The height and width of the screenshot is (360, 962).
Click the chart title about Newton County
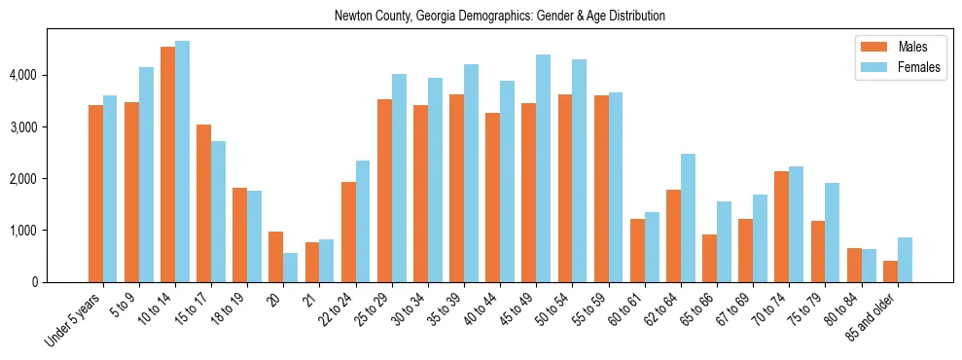pos(499,17)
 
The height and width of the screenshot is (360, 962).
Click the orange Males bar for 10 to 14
pos(167,164)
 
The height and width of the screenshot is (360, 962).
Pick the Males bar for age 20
pos(276,257)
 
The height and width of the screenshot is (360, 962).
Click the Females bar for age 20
pos(290,268)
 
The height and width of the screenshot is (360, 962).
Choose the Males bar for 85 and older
pos(890,271)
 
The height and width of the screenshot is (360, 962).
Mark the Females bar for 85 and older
pos(905,260)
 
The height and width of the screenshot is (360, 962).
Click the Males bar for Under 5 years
pos(95,194)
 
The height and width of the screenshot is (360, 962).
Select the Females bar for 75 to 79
pos(832,233)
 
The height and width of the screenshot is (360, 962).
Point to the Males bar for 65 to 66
pos(709,258)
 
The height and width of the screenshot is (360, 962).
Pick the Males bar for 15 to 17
pos(203,203)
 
